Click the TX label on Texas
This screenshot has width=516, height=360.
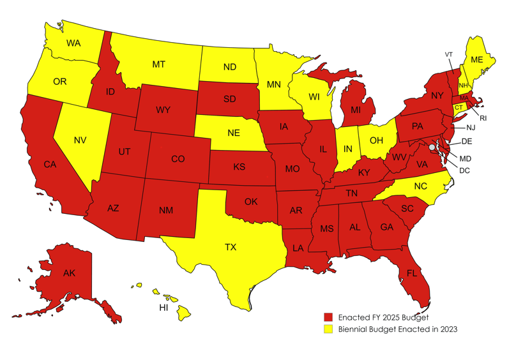231,247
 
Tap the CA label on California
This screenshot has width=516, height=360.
50,165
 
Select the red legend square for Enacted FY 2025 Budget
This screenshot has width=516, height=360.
328,317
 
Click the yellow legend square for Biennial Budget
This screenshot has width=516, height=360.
328,329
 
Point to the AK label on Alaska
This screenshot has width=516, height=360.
70,273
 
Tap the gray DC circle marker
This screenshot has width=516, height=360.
432,147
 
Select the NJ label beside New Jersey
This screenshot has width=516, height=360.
471,128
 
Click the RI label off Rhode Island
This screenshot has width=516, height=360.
483,118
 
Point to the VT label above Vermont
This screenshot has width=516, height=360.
448,54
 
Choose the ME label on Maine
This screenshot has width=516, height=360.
476,60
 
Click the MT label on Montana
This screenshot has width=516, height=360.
159,64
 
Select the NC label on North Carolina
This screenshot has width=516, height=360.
420,187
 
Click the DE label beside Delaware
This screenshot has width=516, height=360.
466,141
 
